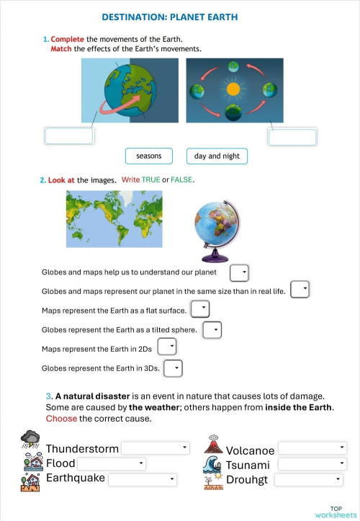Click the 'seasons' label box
coord(149,156)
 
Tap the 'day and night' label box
coord(217,156)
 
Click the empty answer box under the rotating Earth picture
coord(69,136)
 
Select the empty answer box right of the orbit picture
coord(293,136)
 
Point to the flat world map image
coord(114,218)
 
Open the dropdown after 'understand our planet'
coord(239,273)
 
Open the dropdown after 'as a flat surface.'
coord(200,309)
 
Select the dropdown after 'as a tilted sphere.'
coord(212,330)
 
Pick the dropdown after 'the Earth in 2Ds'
coord(167,347)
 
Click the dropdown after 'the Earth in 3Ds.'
coord(173,368)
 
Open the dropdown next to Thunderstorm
coord(155,448)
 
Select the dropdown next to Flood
coord(112,463)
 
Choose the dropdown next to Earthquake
coord(143,479)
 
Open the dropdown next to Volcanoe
coord(312,448)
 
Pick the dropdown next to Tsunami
coord(312,464)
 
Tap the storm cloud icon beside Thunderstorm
coord(31,438)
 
